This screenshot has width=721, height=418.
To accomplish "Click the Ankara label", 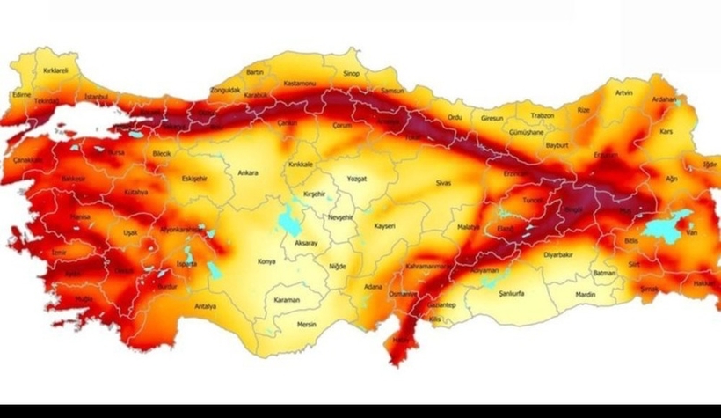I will click(248, 172).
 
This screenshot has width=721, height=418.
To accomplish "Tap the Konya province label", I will click(266, 261).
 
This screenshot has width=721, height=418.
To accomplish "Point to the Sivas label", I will click(443, 182).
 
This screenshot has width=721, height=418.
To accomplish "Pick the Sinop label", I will click(352, 75).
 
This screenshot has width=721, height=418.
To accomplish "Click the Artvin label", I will click(624, 92).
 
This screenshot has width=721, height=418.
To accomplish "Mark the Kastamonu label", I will click(299, 84).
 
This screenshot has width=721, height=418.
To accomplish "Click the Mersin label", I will click(307, 323).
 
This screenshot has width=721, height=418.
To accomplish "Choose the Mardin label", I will click(586, 295).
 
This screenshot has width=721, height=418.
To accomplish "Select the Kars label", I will click(666, 132).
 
